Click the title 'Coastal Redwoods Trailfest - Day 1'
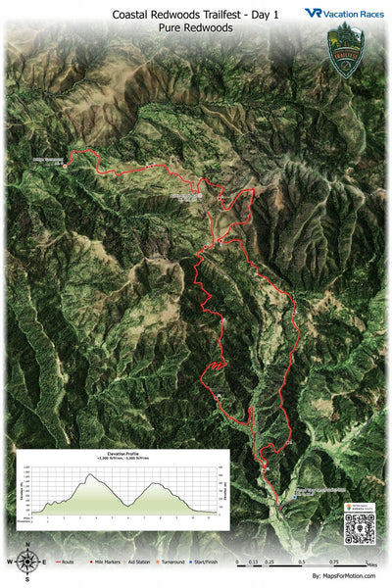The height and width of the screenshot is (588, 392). click(x=196, y=15)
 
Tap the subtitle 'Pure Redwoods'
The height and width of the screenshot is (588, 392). click(x=196, y=29)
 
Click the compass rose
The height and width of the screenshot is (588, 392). click(x=28, y=562)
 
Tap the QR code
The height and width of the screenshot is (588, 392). click(x=359, y=529)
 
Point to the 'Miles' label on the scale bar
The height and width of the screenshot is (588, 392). click(x=369, y=564)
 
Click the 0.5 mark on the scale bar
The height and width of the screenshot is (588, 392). click(x=302, y=563)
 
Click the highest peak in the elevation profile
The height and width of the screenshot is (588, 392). click(x=92, y=475)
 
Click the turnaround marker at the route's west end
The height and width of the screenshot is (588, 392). click(x=66, y=166)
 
